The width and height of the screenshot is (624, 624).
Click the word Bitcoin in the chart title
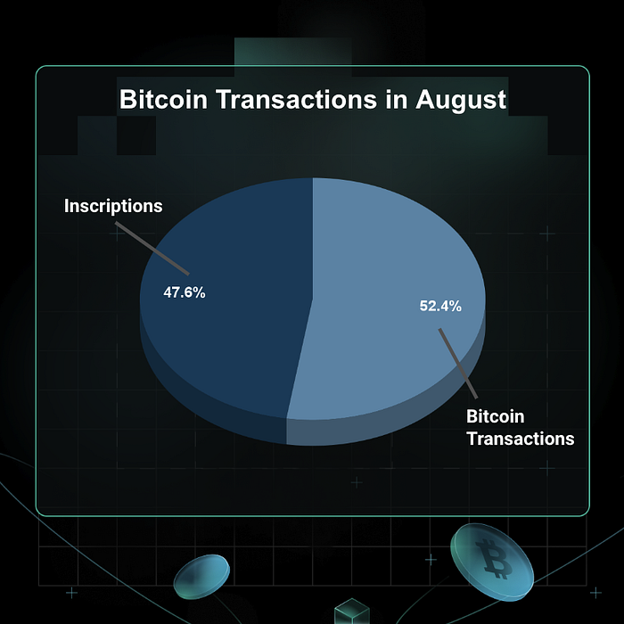[163, 99]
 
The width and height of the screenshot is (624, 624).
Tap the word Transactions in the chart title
[297, 99]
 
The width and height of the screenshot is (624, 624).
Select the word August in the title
[461, 100]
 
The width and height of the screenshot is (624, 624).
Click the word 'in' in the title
[397, 99]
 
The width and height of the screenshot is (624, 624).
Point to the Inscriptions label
[113, 206]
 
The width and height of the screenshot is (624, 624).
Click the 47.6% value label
[185, 292]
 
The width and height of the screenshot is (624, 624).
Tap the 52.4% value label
[440, 306]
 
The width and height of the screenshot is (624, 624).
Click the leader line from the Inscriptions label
[152, 249]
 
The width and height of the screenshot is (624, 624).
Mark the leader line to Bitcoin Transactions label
[458, 364]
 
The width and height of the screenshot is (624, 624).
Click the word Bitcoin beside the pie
[495, 416]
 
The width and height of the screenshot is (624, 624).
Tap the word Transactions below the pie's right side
[521, 439]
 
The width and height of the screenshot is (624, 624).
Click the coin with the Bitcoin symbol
[492, 562]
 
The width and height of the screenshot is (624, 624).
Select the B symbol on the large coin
[494, 559]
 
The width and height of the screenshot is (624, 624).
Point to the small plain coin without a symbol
[201, 577]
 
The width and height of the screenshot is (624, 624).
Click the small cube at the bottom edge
[352, 612]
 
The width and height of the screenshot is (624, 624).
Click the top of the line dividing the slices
[313, 178]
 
